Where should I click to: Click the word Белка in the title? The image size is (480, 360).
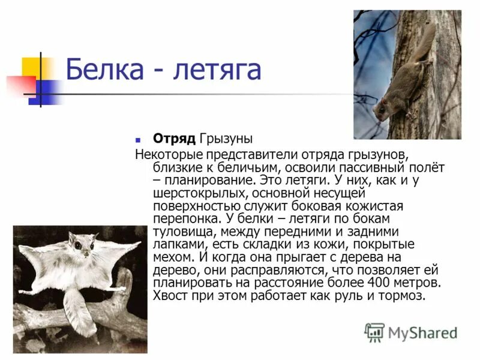pyautogui.click(x=105, y=70)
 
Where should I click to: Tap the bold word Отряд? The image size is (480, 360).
pyautogui.click(x=174, y=139)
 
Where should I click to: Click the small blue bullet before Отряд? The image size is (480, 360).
pyautogui.click(x=138, y=139)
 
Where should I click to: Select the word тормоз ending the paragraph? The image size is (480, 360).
pyautogui.click(x=403, y=296)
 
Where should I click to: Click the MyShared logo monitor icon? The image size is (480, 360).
pyautogui.click(x=375, y=332)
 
